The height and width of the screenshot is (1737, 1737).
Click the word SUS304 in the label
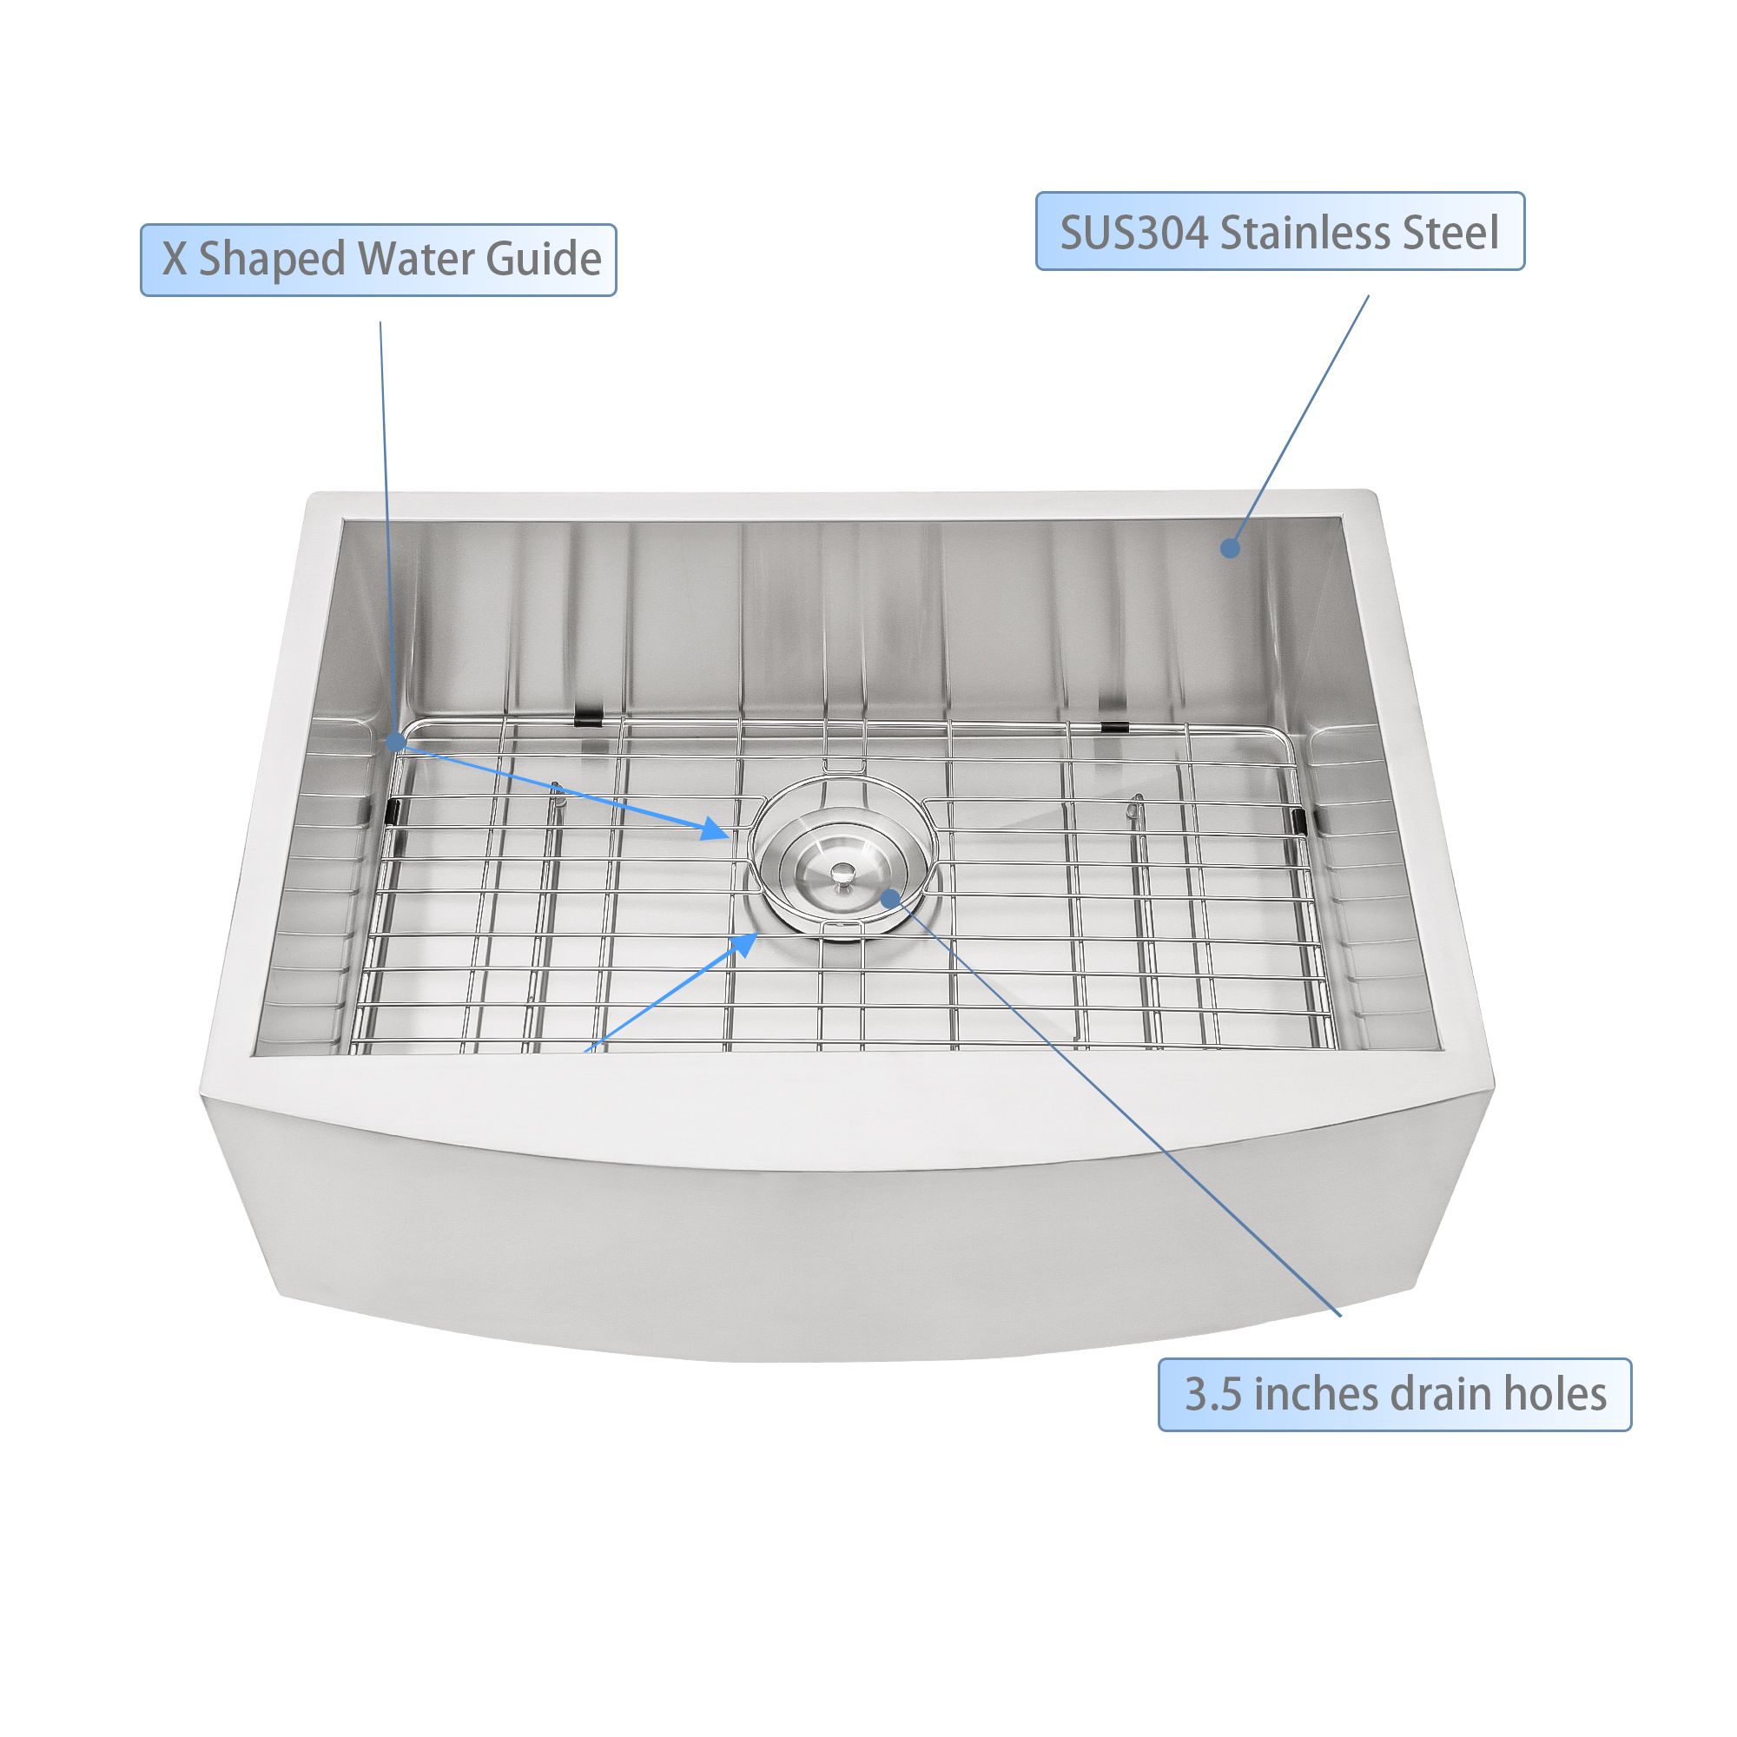click(x=1133, y=232)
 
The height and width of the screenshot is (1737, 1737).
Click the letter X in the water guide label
click(x=175, y=260)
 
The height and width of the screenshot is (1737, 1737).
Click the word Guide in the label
click(x=544, y=260)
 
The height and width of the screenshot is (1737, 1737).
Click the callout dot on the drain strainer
click(x=890, y=897)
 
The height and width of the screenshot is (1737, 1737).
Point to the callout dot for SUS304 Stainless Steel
click(x=1231, y=546)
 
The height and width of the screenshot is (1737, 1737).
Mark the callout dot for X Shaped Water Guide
click(x=393, y=742)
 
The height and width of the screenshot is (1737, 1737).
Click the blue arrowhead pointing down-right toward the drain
click(x=716, y=828)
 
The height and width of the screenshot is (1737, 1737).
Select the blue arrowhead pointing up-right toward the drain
click(x=743, y=944)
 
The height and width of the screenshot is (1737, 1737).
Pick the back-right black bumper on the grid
click(x=1115, y=726)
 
